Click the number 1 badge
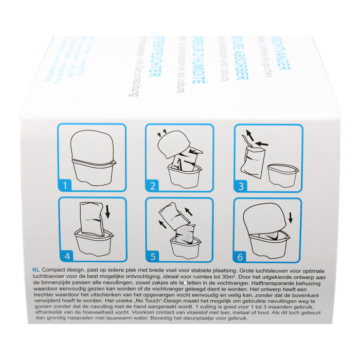click(65, 185)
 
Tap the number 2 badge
click(153, 185)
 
